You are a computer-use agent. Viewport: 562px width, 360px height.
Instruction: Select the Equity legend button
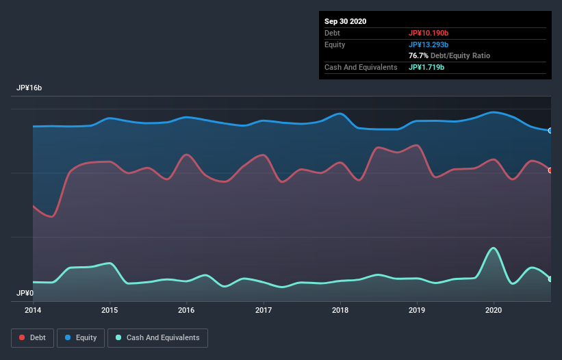coord(81,337)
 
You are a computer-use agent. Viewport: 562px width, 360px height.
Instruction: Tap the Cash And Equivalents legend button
coord(157,337)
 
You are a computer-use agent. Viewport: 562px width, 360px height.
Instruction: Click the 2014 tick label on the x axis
coord(33,310)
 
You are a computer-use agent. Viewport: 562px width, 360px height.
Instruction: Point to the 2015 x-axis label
coord(110,310)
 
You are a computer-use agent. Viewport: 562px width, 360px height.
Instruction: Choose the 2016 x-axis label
coord(186,310)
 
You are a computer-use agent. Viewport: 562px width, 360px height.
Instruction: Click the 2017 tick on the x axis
coord(263,310)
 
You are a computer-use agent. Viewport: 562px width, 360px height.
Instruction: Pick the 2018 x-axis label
coord(340,310)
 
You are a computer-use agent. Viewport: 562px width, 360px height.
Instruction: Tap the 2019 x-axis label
coord(416,310)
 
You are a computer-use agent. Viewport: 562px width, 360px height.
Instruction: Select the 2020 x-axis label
coord(493,310)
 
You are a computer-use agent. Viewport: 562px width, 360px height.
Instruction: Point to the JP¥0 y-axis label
coord(25,293)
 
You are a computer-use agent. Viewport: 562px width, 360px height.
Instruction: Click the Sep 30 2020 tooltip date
coord(345,21)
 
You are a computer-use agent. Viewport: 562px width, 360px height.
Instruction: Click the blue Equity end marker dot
coord(550,131)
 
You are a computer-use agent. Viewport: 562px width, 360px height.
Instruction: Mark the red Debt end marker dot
coord(550,170)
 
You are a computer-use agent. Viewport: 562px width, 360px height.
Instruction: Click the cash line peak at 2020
coord(493,248)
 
